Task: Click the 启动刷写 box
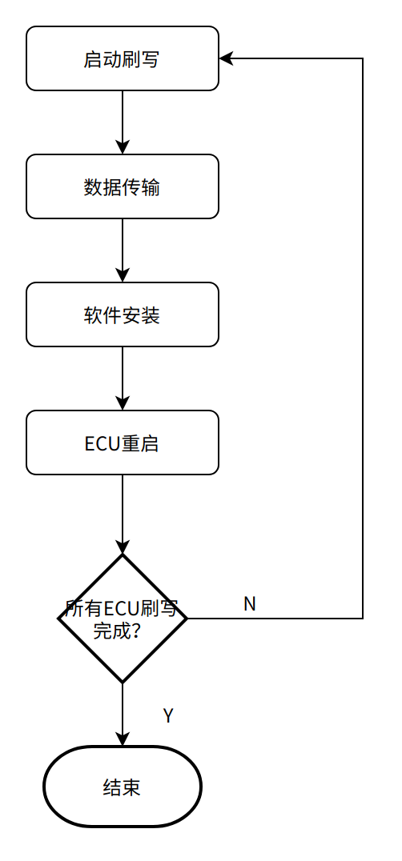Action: (123, 58)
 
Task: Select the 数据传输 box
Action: (123, 186)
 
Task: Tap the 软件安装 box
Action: (123, 314)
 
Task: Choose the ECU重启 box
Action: (123, 443)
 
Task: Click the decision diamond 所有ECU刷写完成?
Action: (123, 619)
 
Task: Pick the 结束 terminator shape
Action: (123, 787)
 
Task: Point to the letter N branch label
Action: (250, 604)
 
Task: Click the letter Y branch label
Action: (168, 716)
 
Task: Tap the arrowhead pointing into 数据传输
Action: (123, 147)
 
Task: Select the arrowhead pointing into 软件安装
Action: (123, 275)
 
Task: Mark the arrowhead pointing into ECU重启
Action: (123, 403)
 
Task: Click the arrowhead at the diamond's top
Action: (123, 547)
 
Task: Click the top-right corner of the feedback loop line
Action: (363, 58)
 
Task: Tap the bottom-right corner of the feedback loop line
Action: (363, 619)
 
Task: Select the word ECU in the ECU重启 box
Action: (103, 443)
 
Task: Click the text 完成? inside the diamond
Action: (115, 631)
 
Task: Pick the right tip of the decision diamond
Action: (187, 619)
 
